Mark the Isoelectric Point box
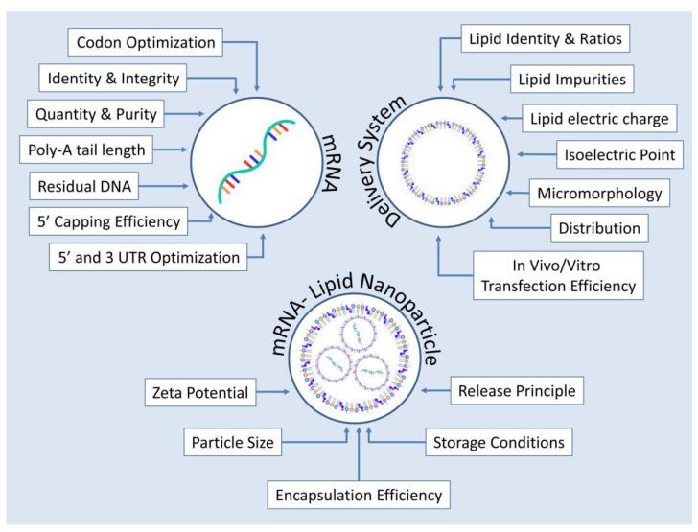pyautogui.click(x=616, y=153)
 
